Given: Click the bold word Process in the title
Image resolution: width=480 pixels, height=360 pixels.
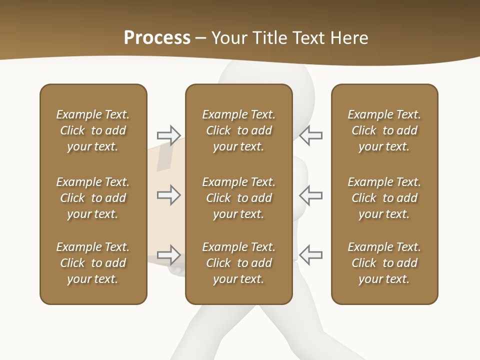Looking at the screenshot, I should [x=157, y=38].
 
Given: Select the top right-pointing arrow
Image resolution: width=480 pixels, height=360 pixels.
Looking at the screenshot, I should [x=168, y=135].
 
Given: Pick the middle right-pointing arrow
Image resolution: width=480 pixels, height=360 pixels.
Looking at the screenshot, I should [x=168, y=195].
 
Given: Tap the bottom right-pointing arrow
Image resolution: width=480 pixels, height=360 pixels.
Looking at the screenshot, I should [x=168, y=255].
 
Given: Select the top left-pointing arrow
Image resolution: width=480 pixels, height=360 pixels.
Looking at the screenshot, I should [x=311, y=135].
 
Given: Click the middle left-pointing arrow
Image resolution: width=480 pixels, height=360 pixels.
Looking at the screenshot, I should [x=311, y=195].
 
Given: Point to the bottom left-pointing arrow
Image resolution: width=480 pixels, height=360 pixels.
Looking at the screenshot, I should [x=311, y=255].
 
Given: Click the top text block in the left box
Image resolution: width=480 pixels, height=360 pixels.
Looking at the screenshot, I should [x=93, y=130].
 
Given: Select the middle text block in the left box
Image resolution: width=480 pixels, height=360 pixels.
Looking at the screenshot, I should [x=93, y=198].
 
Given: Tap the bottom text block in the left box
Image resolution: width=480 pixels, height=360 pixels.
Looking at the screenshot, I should [x=93, y=263].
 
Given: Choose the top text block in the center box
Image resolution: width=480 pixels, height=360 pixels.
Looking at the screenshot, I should [x=238, y=130].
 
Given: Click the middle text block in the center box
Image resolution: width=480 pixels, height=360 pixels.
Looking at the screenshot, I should [x=238, y=198].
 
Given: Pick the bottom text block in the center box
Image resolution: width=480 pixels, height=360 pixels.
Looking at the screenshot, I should [x=238, y=263].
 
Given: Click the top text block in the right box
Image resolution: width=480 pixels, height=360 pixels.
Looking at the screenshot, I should [x=384, y=130].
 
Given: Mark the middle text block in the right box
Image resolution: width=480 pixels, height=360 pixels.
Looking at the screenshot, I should [x=384, y=198].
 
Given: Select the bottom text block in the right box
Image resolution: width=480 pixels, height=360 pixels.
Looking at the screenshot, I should [x=384, y=263].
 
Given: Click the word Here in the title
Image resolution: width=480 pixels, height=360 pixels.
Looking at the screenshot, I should [x=349, y=38].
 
